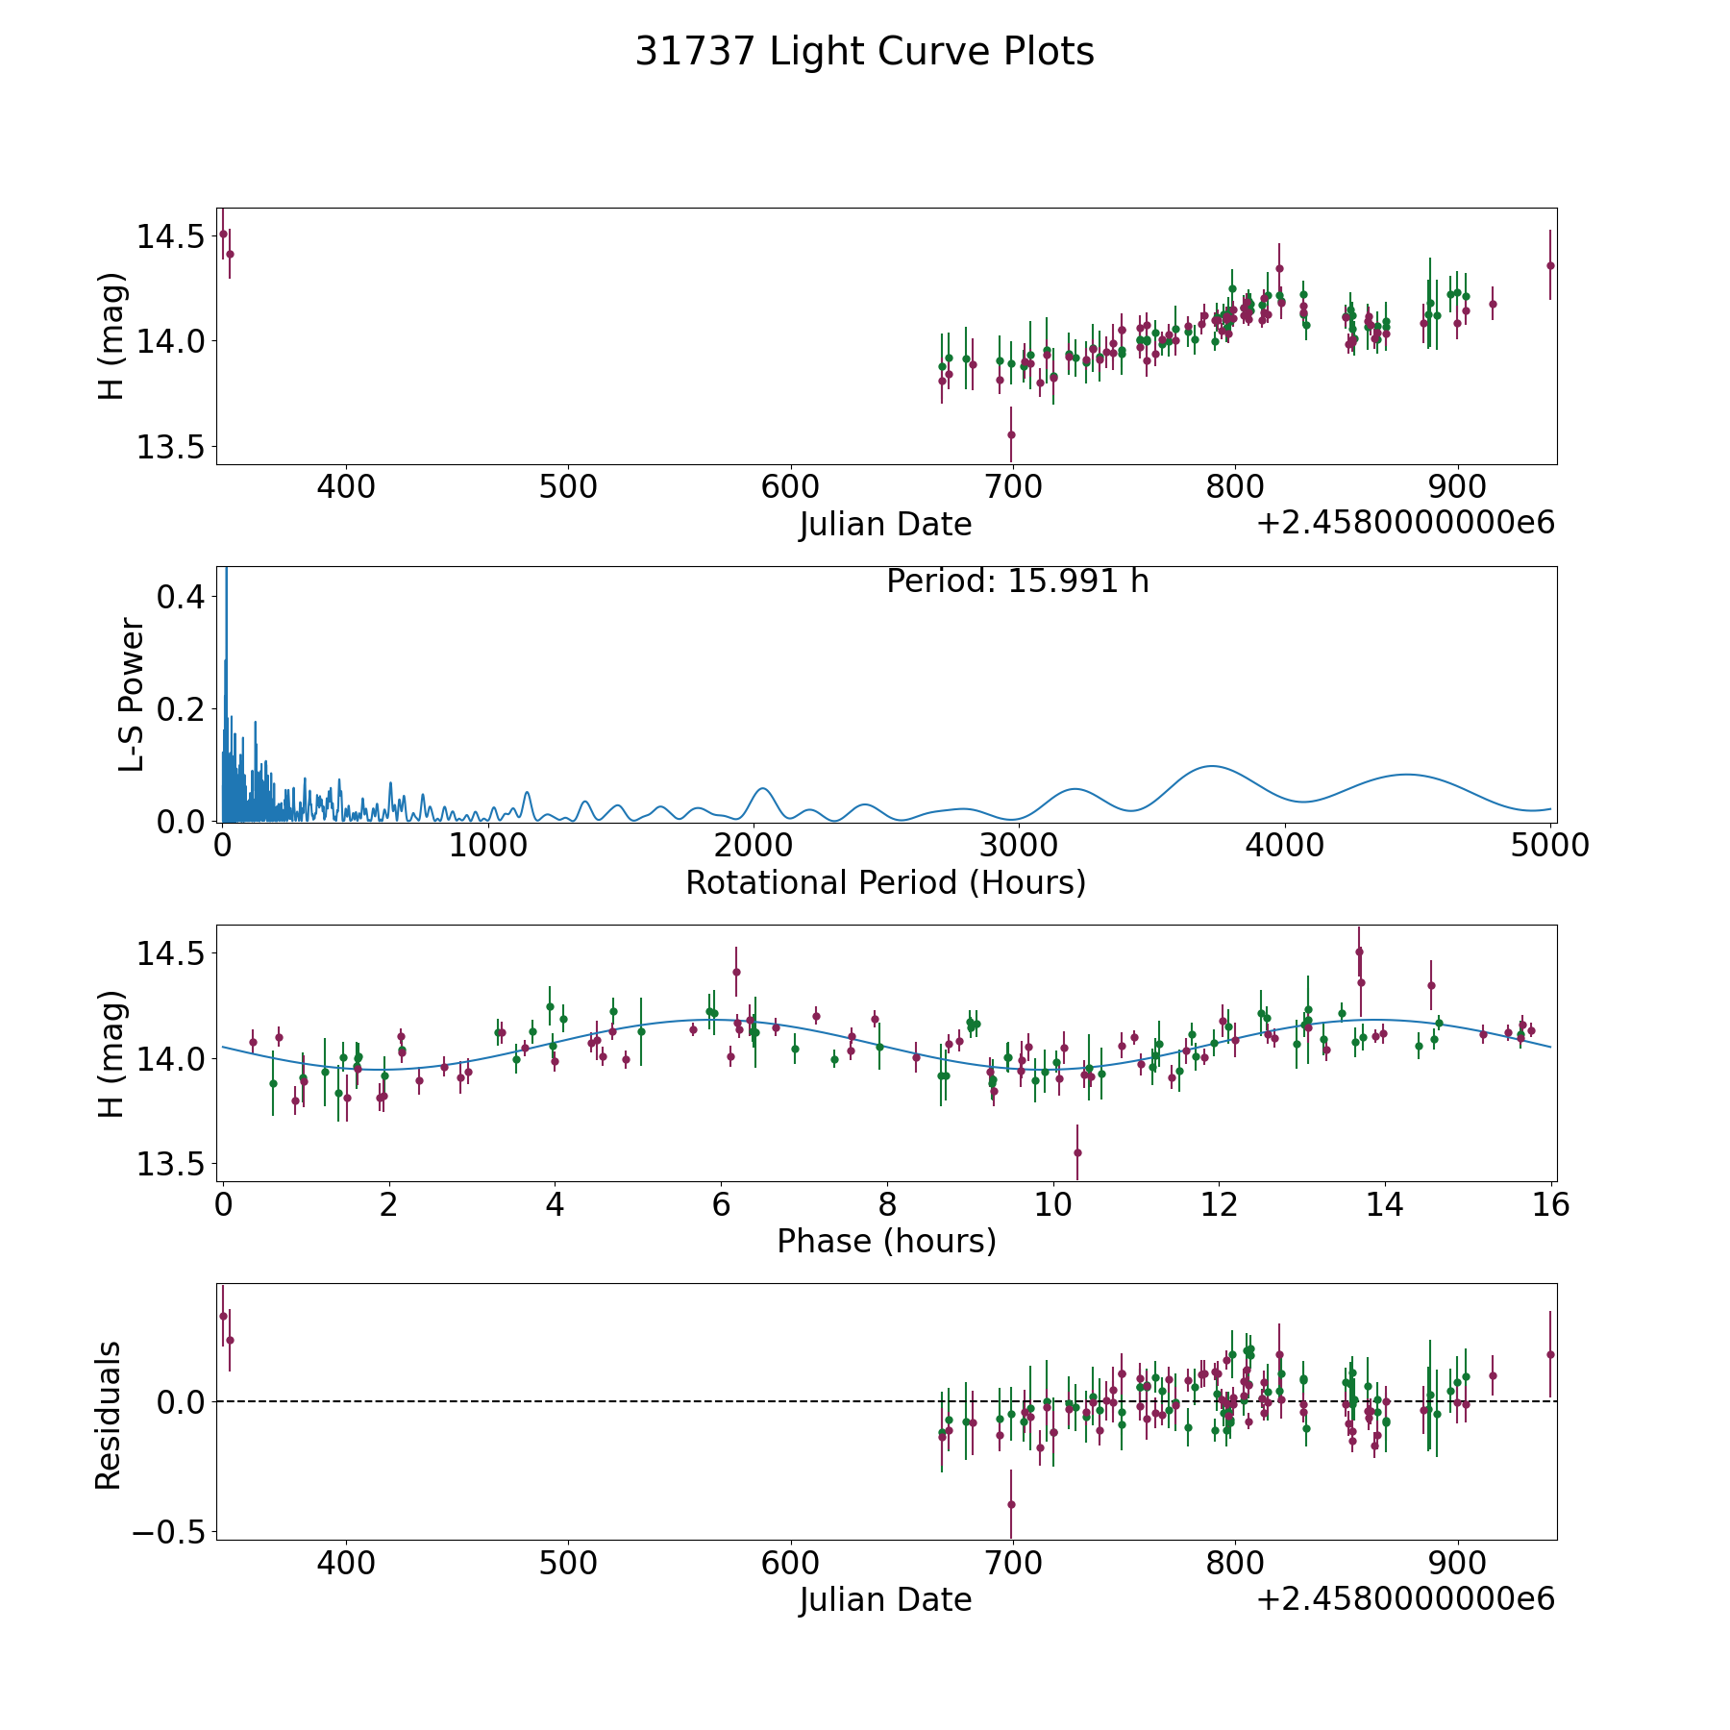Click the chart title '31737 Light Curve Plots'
(864, 52)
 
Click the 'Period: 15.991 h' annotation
(1017, 581)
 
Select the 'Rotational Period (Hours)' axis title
(885, 882)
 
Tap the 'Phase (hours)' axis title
(885, 1241)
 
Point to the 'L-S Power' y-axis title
(132, 694)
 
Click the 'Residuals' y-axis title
(109, 1415)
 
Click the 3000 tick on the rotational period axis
(1019, 847)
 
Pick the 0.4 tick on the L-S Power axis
(181, 597)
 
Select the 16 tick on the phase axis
(1550, 1205)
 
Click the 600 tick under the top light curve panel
(790, 487)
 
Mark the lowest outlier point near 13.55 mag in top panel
(1011, 434)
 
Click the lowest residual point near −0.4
(1011, 1504)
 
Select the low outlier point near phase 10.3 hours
(1077, 1152)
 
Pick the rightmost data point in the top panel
(1549, 265)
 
